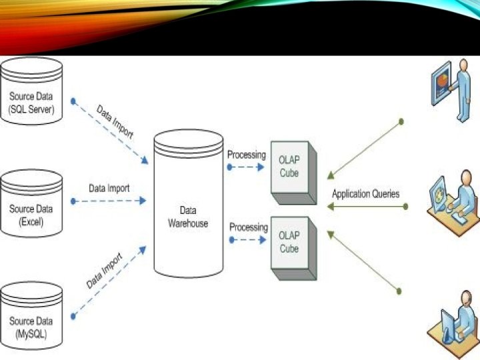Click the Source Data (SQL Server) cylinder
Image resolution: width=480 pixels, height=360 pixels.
click(32, 92)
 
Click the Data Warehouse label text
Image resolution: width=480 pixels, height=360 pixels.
click(187, 217)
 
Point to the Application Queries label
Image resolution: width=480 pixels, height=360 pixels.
click(366, 194)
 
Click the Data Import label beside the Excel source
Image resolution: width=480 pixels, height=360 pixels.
click(109, 188)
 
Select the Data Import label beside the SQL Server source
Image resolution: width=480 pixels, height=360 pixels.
click(115, 121)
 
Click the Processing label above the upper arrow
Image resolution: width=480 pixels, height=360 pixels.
click(247, 155)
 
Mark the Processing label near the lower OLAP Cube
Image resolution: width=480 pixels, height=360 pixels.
click(249, 227)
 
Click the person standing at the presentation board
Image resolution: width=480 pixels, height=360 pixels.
click(455, 90)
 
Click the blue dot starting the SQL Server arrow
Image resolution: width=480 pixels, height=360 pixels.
click(73, 102)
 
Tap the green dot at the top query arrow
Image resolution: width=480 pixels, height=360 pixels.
click(401, 121)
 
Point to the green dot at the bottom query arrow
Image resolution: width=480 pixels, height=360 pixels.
click(399, 291)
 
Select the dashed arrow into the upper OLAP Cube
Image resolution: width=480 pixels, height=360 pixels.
click(247, 167)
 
